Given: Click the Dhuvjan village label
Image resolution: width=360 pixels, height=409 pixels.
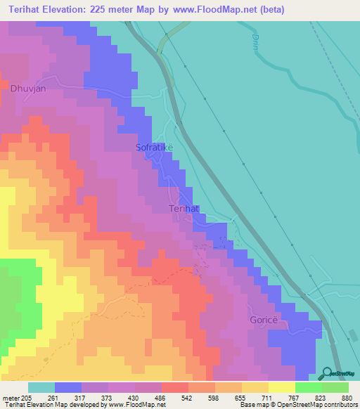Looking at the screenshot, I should click(x=28, y=89).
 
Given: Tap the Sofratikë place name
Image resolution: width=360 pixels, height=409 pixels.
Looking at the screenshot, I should click(x=154, y=148).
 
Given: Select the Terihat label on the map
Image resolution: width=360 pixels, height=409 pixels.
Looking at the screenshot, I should click(x=185, y=209).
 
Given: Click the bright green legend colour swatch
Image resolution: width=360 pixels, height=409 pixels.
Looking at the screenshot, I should click(x=309, y=387).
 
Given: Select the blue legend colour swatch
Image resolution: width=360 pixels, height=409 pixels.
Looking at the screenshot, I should click(x=68, y=387).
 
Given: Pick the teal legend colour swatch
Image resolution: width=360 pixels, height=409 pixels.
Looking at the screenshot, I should click(x=41, y=387).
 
